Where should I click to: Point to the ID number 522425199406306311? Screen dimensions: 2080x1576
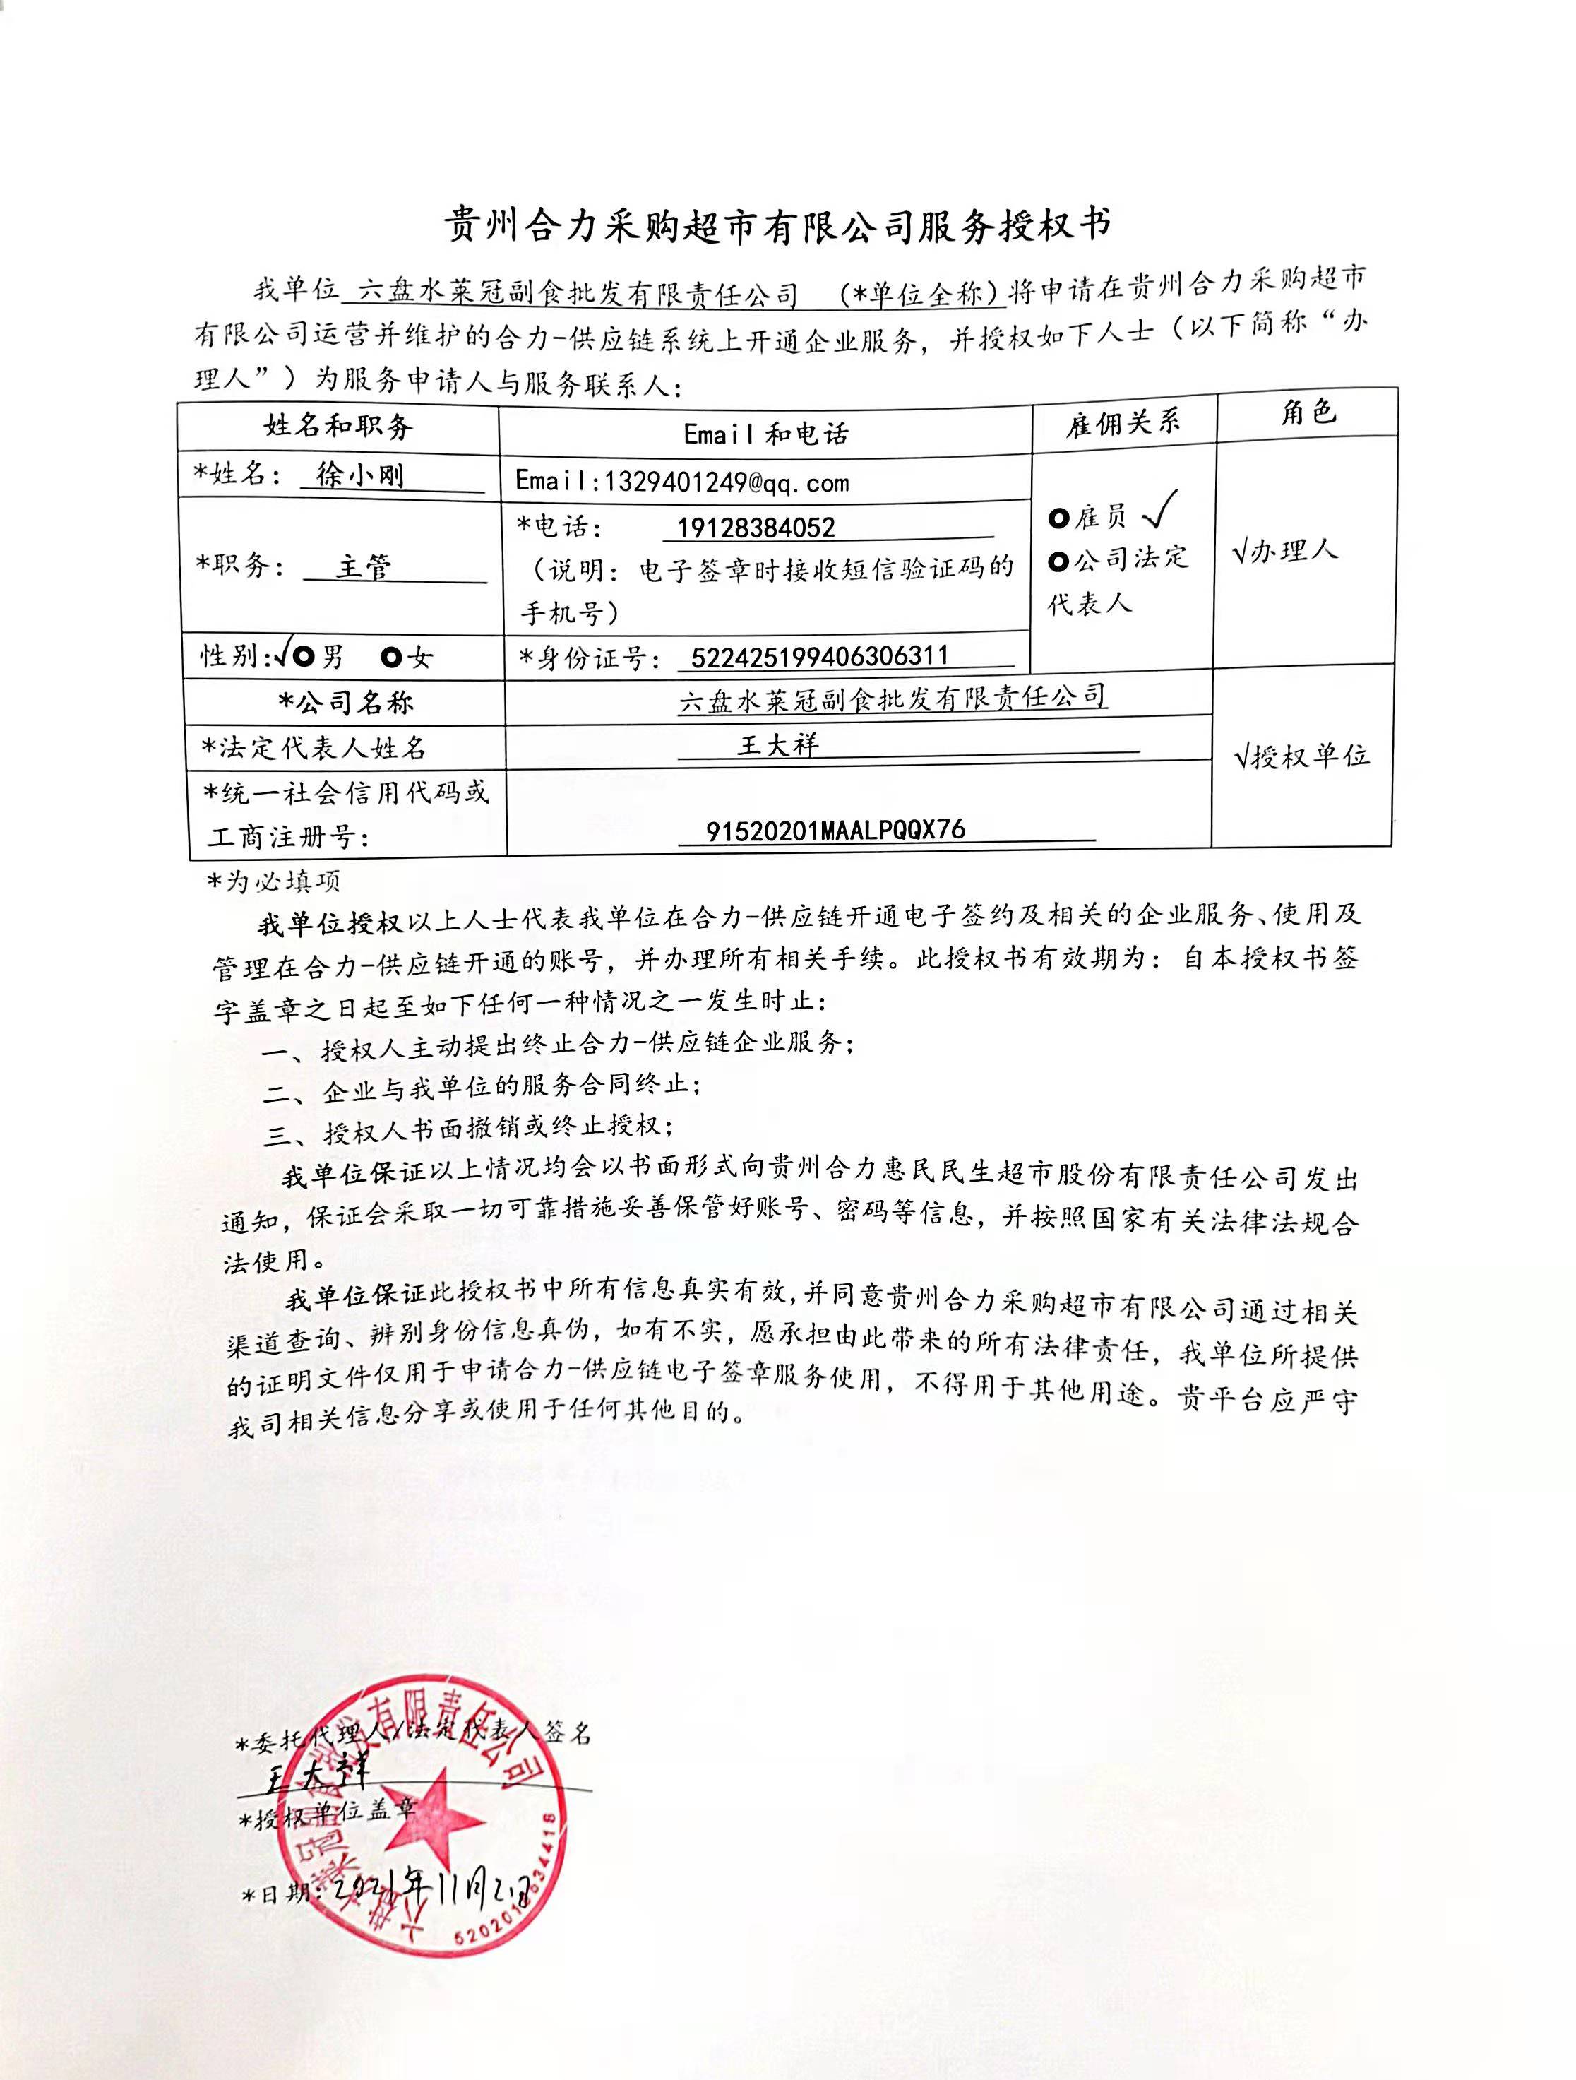(819, 655)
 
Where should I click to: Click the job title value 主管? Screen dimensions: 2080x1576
(363, 567)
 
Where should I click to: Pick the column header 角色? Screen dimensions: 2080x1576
(1307, 412)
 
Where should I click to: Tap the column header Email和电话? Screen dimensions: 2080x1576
(765, 434)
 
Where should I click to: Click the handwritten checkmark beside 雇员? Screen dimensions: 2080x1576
(1162, 510)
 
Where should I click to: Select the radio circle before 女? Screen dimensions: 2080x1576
(391, 656)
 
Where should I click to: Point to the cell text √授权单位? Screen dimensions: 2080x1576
(1301, 755)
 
